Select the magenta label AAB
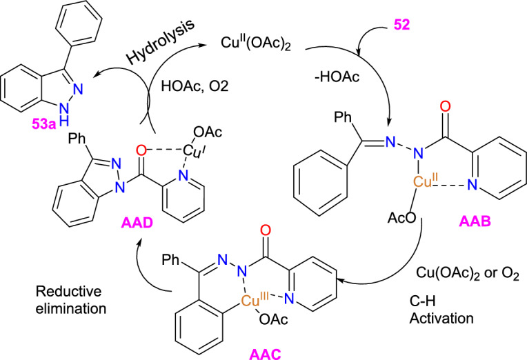[479, 224]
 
